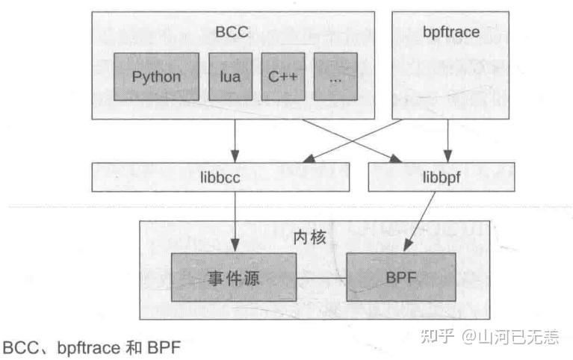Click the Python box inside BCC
(156, 76)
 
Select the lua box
(230, 76)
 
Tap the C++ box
(284, 76)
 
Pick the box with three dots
(335, 76)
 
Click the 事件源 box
(235, 277)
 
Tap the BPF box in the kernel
(400, 277)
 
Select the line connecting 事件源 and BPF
(322, 278)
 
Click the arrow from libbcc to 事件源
(235, 220)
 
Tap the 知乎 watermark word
(437, 337)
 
